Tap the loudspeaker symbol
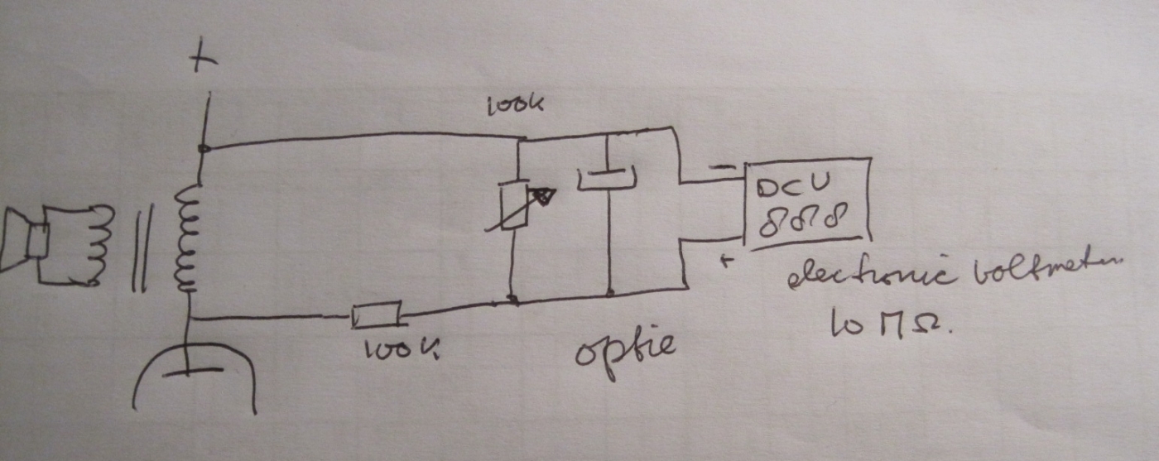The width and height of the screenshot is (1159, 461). pos(25,241)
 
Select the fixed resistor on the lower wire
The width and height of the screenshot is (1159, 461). pos(377,315)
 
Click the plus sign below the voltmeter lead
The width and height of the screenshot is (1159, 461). pos(726,262)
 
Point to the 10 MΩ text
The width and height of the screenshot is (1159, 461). pos(890,325)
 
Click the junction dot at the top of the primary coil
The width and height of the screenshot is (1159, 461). pos(203,149)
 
